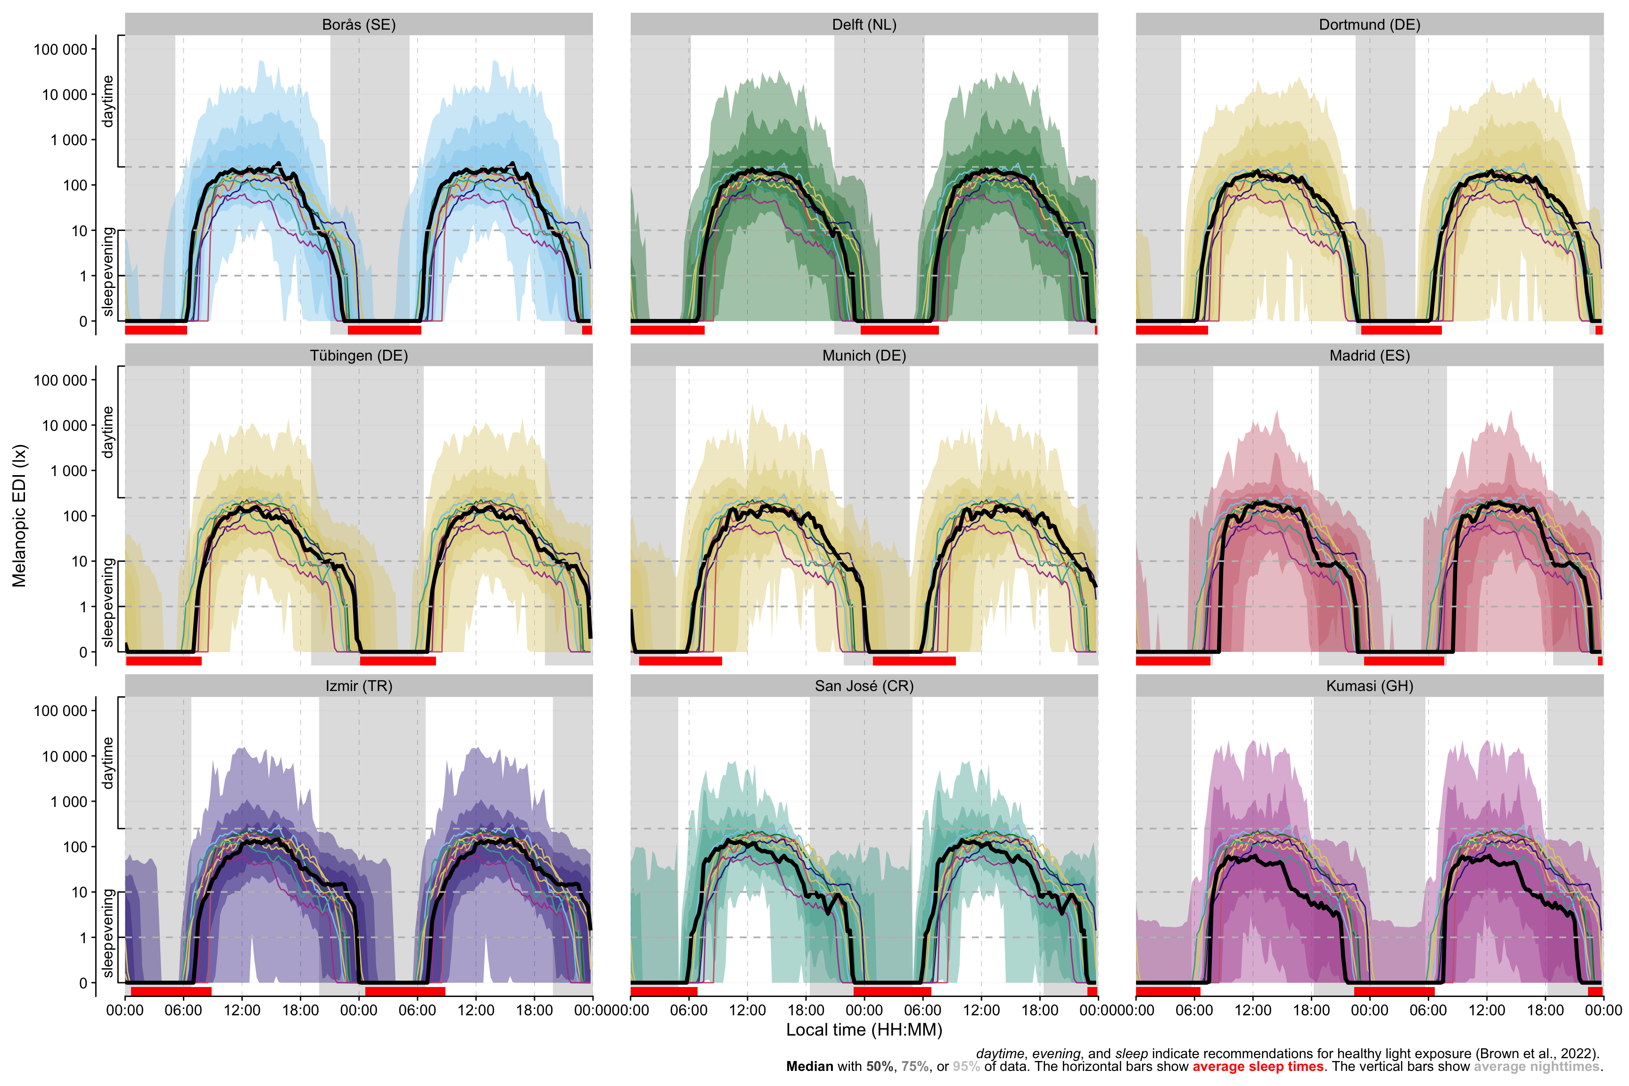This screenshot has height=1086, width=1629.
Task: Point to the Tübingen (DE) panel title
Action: [359, 355]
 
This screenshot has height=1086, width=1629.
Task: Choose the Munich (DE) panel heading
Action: [864, 355]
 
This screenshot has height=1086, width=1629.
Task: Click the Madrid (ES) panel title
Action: [1369, 355]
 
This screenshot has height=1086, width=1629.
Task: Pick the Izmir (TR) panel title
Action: [359, 686]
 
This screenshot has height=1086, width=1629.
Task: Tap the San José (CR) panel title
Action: [864, 686]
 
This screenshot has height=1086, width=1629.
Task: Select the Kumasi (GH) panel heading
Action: [1369, 686]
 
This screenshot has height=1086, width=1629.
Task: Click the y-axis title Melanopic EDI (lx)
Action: [19, 516]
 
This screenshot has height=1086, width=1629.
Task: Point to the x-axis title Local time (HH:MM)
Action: [864, 1030]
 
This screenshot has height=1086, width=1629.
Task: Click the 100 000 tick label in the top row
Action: [60, 49]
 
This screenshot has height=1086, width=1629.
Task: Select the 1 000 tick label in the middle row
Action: [68, 471]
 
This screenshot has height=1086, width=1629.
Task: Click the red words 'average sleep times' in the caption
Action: [1257, 1067]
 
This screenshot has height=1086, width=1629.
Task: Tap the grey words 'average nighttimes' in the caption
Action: [1536, 1067]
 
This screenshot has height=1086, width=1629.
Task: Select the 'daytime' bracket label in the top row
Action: [108, 101]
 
